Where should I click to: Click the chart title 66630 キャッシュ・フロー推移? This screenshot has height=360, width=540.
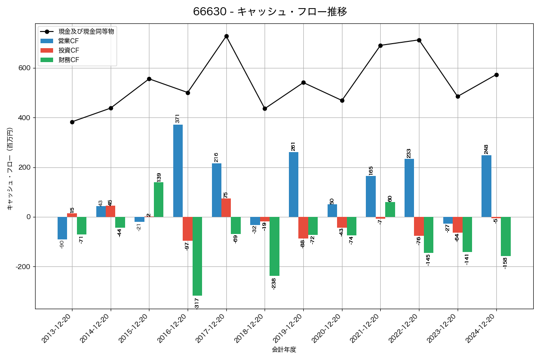(270, 12)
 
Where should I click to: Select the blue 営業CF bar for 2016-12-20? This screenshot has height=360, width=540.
(178, 171)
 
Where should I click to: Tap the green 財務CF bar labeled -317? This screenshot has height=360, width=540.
(197, 256)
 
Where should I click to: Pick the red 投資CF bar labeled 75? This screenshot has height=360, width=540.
(226, 207)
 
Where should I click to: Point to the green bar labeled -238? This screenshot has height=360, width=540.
(274, 246)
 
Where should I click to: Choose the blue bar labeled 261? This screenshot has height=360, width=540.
(293, 184)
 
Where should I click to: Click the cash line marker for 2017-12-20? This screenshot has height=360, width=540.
(226, 36)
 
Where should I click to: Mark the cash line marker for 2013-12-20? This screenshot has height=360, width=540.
(72, 122)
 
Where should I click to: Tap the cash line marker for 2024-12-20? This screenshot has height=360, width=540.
(496, 75)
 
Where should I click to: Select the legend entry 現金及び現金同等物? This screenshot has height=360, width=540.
(86, 31)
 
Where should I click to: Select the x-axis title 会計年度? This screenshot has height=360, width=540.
(284, 350)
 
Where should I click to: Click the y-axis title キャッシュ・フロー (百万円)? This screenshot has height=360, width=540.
(10, 169)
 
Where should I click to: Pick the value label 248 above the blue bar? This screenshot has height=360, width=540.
(486, 149)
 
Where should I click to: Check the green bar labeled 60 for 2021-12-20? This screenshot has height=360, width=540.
(390, 209)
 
